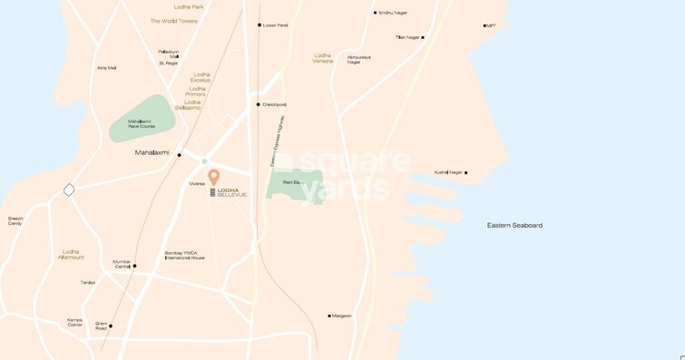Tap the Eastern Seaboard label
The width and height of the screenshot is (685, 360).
pyautogui.click(x=514, y=225)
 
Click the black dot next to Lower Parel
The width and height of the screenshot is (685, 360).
pyautogui.click(x=259, y=25)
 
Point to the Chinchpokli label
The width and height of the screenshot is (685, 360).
pyautogui.click(x=274, y=104)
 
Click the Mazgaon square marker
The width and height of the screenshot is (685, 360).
pyautogui.click(x=328, y=316)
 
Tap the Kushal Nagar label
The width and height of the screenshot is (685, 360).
pyautogui.click(x=448, y=171)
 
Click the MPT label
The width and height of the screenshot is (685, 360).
pyautogui.click(x=492, y=25)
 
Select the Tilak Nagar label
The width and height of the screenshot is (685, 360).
pyautogui.click(x=407, y=37)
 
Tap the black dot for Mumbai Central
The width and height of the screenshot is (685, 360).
pyautogui.click(x=134, y=266)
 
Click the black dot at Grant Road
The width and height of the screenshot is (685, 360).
pyautogui.click(x=110, y=326)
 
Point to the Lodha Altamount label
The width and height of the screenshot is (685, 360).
pyautogui.click(x=71, y=254)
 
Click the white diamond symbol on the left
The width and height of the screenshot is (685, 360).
pyautogui.click(x=69, y=190)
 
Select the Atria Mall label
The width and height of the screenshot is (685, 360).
pyautogui.click(x=107, y=68)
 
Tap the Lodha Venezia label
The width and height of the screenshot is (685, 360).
pyautogui.click(x=323, y=58)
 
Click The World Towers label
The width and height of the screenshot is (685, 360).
pyautogui.click(x=174, y=20)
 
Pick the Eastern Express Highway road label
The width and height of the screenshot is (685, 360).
pyautogui.click(x=277, y=141)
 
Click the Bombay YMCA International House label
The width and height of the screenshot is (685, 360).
pyautogui.click(x=185, y=255)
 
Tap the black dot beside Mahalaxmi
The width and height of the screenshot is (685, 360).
pyautogui.click(x=180, y=155)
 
